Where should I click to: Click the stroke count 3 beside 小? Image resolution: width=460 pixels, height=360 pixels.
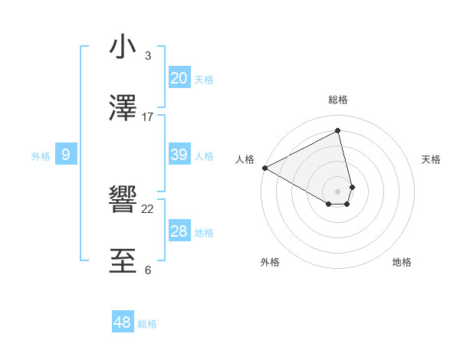pos(148,56)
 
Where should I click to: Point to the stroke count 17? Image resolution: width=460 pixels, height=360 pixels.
pos(148,117)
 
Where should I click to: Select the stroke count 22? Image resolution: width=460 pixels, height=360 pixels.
pos(148,209)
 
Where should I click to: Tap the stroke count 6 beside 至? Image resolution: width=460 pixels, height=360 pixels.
pos(148,270)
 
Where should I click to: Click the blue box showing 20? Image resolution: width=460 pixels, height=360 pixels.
pos(179,78)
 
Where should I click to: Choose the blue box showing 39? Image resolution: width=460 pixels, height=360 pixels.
pos(179,155)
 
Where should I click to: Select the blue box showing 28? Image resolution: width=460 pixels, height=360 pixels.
pos(179,231)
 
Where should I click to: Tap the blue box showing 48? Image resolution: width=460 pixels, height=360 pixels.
pos(123,322)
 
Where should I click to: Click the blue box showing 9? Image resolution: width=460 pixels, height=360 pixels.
pos(66,155)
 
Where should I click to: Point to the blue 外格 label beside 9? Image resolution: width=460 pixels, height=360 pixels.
pos(41,155)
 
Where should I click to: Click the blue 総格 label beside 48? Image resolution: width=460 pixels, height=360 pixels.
pos(147,324)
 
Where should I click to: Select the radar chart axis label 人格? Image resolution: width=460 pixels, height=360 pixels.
pos(245,159)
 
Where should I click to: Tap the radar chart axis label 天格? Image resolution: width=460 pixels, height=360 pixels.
pos(431,159)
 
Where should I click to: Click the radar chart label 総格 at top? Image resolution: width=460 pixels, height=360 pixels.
pos(338,100)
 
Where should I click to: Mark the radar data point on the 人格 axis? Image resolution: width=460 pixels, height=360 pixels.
pos(264,168)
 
